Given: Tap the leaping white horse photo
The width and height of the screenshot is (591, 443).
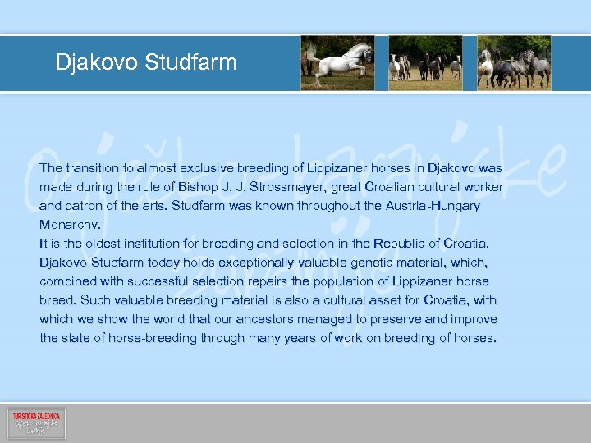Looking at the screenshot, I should (x=338, y=62).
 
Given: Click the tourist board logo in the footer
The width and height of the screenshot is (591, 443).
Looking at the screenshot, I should (x=36, y=423).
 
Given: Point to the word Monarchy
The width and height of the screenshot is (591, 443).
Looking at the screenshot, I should (x=70, y=224).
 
